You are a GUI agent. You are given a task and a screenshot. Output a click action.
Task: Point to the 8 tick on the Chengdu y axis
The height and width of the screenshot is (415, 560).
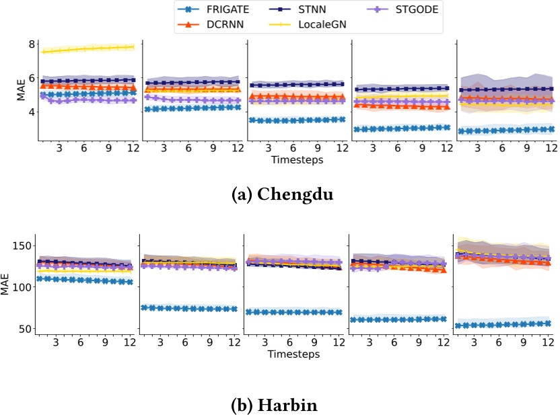coord(30,44)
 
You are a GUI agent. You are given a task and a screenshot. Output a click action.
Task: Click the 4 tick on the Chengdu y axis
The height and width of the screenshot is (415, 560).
coord(30,112)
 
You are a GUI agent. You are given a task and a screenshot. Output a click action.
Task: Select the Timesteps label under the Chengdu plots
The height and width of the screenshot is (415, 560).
coord(296,160)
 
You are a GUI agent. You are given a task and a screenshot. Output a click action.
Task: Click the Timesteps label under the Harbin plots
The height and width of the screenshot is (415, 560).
coord(296,354)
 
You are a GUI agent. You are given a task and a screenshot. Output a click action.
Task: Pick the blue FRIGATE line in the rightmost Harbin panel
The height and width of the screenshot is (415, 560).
coord(505,324)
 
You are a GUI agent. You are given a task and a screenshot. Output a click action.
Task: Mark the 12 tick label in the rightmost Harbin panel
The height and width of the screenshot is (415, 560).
coord(549,343)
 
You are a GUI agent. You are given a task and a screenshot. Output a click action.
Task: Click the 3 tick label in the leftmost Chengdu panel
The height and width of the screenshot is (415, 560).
coord(59,149)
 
